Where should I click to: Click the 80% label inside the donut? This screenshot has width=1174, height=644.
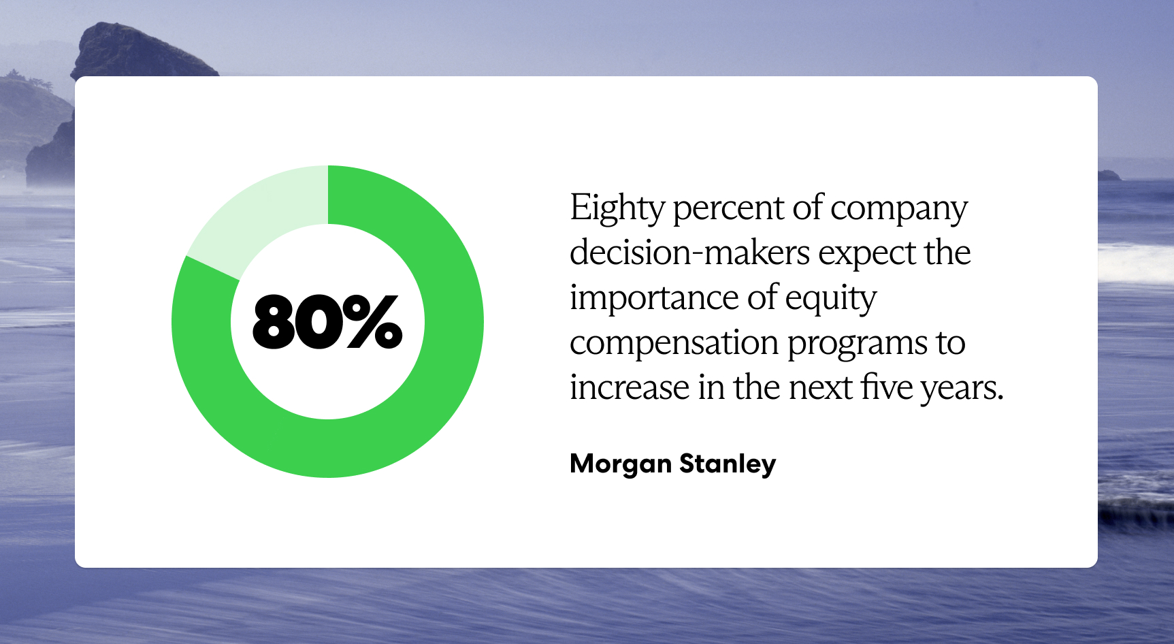tap(327, 321)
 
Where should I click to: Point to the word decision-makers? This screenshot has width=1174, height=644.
tap(689, 253)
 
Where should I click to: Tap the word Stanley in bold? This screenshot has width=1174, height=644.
tap(727, 464)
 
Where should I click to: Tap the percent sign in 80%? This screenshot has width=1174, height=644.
tap(372, 321)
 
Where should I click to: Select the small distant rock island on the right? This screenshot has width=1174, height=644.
tap(1109, 175)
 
